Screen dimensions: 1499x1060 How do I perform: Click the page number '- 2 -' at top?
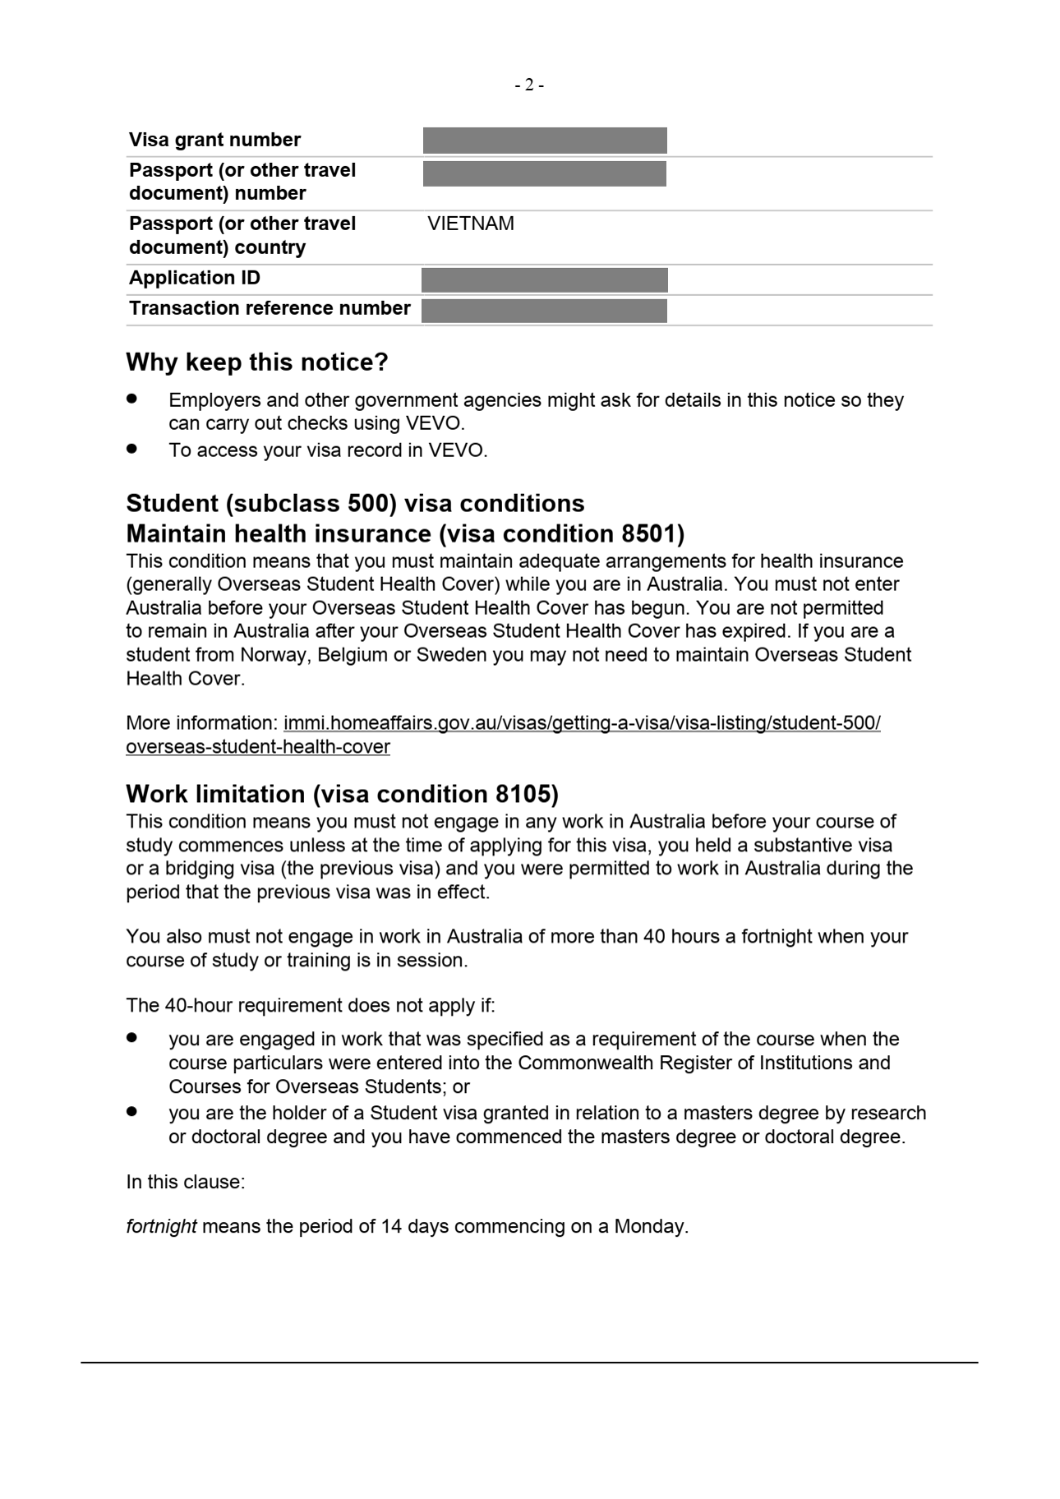[529, 85]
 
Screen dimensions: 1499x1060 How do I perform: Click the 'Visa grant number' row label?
[215, 140]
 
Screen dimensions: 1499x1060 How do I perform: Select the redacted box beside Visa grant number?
[544, 140]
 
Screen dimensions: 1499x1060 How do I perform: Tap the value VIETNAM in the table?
[471, 224]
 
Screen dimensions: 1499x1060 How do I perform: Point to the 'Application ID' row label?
[195, 278]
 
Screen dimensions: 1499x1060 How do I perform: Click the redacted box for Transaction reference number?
[544, 311]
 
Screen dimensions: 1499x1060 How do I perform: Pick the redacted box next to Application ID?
[544, 280]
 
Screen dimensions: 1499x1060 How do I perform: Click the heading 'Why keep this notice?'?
[257, 362]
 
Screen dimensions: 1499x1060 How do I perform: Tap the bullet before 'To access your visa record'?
[132, 449]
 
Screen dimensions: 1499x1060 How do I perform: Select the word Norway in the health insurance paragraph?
[273, 656]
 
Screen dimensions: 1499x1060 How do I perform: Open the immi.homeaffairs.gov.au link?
[581, 723]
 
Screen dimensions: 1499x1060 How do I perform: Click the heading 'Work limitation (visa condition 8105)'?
[342, 794]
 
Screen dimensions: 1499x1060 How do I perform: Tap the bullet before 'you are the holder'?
[132, 1111]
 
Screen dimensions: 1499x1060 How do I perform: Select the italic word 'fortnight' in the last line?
[161, 1226]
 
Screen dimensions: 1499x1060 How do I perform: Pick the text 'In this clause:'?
[185, 1182]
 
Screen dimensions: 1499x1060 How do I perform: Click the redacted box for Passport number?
[544, 174]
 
